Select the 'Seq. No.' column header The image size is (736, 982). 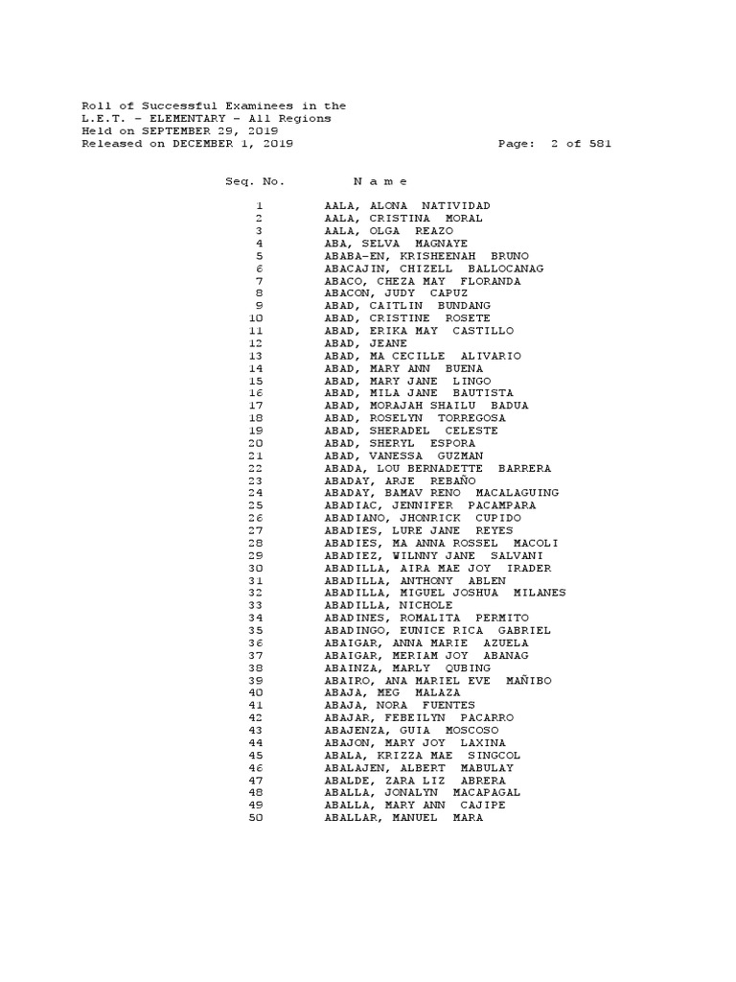pos(255,181)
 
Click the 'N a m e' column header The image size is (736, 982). pos(380,181)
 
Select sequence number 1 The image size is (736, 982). pos(259,206)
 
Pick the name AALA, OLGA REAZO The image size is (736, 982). pos(389,231)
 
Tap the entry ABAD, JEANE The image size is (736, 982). pos(365,343)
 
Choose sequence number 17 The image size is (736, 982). pos(256,406)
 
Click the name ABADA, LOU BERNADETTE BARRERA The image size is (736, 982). pos(438,468)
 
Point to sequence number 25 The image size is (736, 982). pos(256,505)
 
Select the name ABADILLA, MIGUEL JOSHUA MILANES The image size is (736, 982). pos(445,593)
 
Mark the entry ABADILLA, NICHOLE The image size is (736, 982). pos(388,605)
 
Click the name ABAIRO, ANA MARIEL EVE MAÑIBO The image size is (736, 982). pos(438,680)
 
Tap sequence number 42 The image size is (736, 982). pos(256,717)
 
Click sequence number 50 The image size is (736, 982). pos(256,817)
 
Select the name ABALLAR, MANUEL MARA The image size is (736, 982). pos(403,817)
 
